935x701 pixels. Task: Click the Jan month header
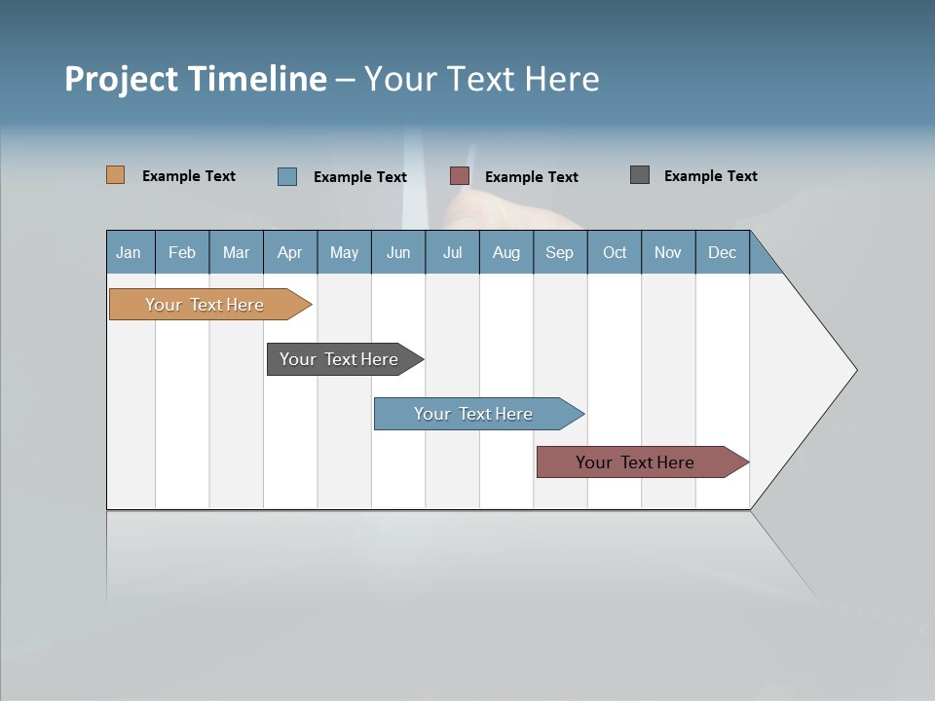click(x=130, y=252)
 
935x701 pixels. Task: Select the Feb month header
click(x=182, y=252)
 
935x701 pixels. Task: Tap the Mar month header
click(x=236, y=252)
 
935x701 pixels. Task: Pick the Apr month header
click(x=290, y=252)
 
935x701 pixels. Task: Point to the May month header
click(x=344, y=252)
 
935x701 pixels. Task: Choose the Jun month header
click(x=398, y=252)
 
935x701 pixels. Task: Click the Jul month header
click(x=452, y=252)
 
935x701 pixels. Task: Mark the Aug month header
click(x=506, y=252)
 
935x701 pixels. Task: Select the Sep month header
click(x=560, y=252)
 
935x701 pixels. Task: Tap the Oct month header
click(x=615, y=252)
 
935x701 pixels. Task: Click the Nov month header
click(x=668, y=252)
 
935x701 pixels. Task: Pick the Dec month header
click(x=723, y=252)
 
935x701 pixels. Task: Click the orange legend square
click(x=116, y=175)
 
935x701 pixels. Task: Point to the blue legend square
click(x=287, y=176)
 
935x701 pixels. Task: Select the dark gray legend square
click(x=640, y=175)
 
